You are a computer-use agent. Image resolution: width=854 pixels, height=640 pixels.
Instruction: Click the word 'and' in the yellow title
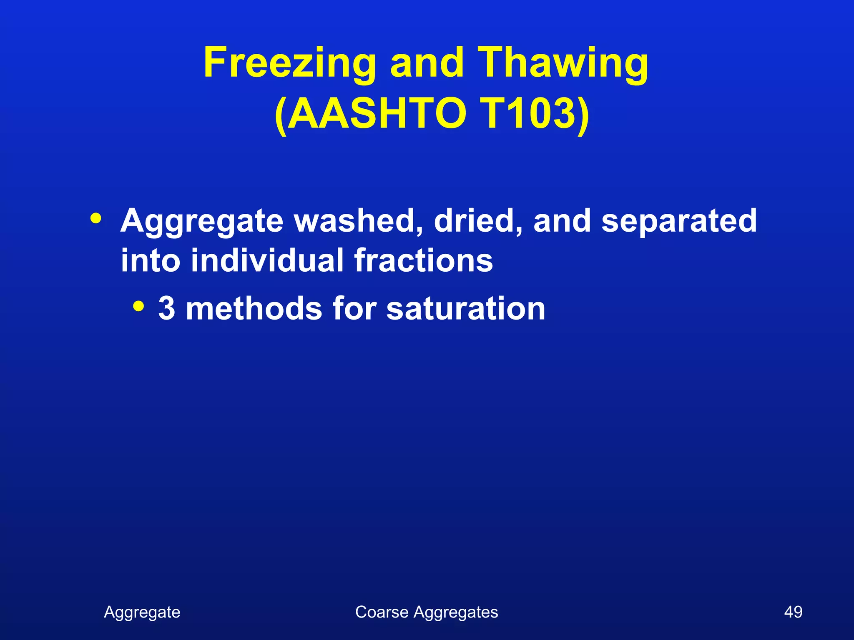[427, 62]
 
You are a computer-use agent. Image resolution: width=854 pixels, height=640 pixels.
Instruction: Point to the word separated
[679, 221]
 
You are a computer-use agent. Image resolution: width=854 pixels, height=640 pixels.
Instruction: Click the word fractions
[424, 260]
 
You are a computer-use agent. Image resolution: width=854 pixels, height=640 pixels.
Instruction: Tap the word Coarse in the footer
[382, 612]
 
